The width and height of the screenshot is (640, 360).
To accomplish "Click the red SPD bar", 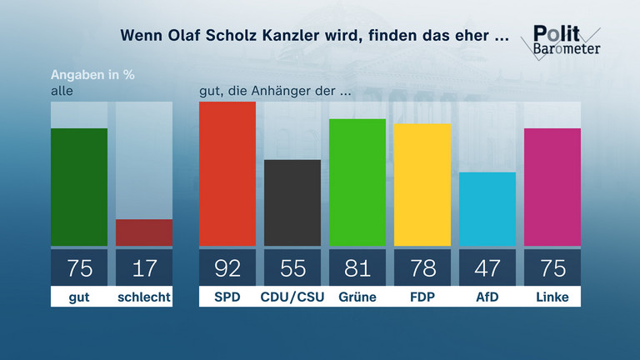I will point(227,173).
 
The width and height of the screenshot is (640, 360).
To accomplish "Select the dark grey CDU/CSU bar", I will point(292,202).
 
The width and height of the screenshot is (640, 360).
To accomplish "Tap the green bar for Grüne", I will point(357,182).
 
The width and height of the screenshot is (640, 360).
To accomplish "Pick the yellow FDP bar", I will point(422,184).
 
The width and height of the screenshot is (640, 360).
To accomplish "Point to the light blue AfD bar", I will point(487,209).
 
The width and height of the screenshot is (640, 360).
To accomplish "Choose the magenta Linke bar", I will point(552,187).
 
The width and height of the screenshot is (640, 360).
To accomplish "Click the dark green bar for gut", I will point(79,187).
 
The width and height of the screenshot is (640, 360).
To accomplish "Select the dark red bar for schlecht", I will point(144,232).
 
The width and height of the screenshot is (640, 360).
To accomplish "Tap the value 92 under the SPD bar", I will point(227,268).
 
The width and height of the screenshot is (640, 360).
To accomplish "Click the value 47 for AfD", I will point(487,268).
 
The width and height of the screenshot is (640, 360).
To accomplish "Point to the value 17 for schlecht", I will point(144,268).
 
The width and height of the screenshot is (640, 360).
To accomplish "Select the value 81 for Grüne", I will point(357,268).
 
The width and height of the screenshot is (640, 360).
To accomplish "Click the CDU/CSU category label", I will point(292,297).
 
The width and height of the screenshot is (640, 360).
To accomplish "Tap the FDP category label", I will point(422,297).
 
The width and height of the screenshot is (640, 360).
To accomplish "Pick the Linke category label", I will point(552,297).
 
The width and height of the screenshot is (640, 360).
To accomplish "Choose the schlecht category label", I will point(144,297).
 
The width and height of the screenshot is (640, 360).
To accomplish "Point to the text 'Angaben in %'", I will point(92,73).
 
